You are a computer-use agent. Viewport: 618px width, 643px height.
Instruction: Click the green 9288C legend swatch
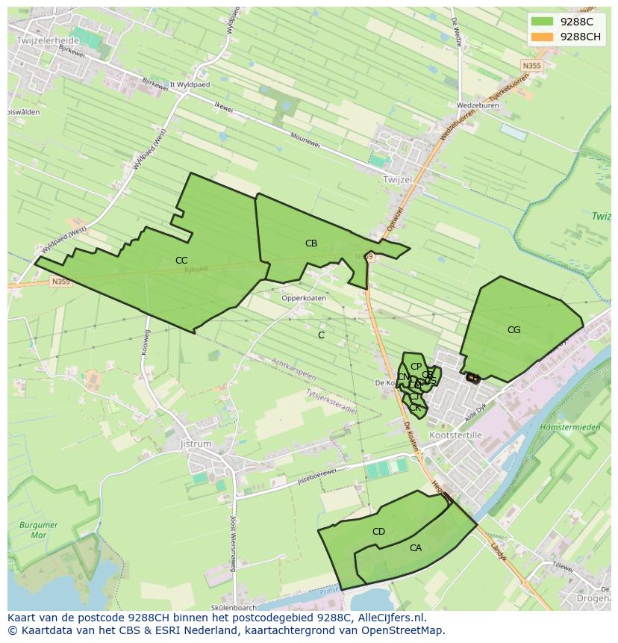click(x=542, y=21)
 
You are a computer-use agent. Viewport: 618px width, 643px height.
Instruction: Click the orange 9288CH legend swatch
click(x=542, y=37)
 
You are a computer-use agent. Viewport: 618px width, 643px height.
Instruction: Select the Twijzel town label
click(x=397, y=180)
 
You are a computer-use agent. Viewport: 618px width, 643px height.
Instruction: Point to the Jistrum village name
click(x=196, y=444)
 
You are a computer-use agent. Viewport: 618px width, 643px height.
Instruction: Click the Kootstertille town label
click(x=455, y=435)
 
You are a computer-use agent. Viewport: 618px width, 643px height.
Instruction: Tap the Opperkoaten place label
click(x=303, y=298)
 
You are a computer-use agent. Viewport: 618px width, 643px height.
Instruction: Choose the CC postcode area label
click(x=181, y=261)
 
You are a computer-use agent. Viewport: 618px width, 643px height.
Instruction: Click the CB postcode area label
click(x=311, y=243)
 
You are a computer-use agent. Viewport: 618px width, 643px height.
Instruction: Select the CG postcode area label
click(x=514, y=330)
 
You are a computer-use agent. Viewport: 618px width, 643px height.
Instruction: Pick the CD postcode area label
click(x=378, y=532)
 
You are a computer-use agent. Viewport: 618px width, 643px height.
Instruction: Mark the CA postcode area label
click(x=416, y=548)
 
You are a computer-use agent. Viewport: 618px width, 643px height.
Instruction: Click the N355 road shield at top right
click(x=531, y=66)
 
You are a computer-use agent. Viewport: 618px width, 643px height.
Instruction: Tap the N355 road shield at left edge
click(x=60, y=282)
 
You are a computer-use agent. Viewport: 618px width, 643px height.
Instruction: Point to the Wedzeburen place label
click(x=478, y=105)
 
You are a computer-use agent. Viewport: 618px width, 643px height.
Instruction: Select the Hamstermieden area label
click(x=569, y=427)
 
